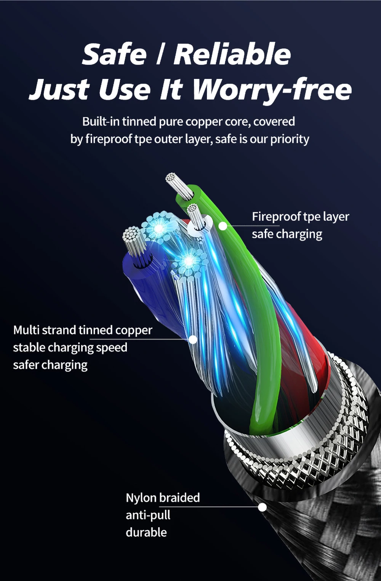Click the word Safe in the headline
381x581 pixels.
click(x=114, y=55)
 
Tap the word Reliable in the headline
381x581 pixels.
click(x=232, y=55)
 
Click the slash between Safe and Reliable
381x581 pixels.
click(x=160, y=55)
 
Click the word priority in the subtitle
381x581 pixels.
click(x=290, y=139)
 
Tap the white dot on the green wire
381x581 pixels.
click(x=223, y=226)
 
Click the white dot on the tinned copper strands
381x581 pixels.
click(x=193, y=339)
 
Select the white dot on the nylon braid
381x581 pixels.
click(x=262, y=507)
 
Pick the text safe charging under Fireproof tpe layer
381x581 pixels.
click(x=287, y=234)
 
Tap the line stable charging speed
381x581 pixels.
click(x=70, y=347)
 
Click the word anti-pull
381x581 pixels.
click(x=148, y=515)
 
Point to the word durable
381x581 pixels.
click(x=146, y=532)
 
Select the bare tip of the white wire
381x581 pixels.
click(x=195, y=215)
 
